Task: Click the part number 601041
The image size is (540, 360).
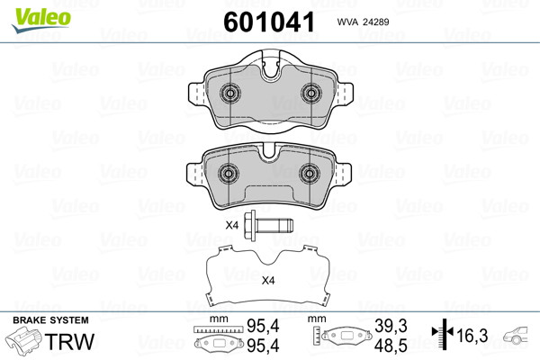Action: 269,22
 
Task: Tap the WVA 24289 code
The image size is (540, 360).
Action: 363,22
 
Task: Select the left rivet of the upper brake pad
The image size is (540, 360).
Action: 229,93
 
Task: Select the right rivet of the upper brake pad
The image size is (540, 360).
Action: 311,93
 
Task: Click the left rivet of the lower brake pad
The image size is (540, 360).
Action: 229,174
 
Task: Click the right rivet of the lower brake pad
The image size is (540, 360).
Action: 310,174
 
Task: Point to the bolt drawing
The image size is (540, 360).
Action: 268,226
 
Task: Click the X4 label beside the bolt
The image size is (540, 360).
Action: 232,226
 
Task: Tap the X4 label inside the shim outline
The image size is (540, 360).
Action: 268,281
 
